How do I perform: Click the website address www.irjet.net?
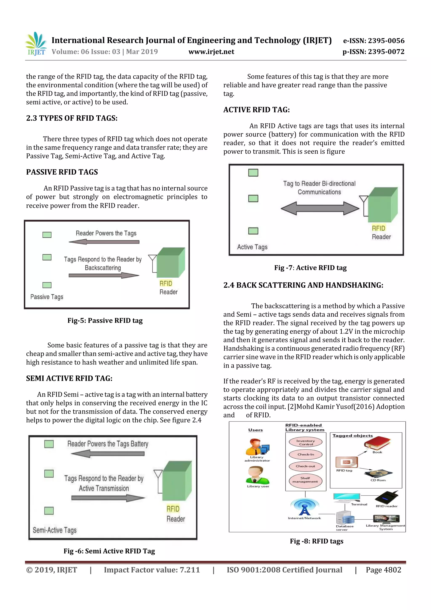pos(211,52)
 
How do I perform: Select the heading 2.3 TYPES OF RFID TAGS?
pos(72,118)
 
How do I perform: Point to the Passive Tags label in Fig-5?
pos(47,297)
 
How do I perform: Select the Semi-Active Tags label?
pos(55,530)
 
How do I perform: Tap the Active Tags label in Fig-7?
pos(252,247)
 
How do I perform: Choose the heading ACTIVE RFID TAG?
pos(256,110)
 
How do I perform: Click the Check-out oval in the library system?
pos(305,466)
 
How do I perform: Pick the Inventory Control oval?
pos(305,442)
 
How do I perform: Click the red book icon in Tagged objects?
pos(377,443)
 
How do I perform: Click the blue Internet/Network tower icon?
pos(304,507)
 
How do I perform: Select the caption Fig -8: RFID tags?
pos(316,541)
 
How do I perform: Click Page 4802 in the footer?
pos(383,570)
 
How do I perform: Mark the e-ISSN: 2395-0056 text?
pos(374,41)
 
